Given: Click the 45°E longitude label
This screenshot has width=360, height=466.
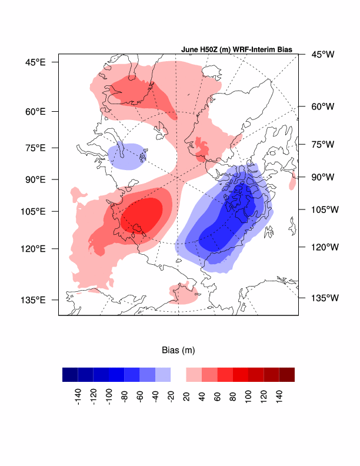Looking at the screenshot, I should [x=35, y=62].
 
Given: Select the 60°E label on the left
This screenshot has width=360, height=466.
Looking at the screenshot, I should [x=35, y=111].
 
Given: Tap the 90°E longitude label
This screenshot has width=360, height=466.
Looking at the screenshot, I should [x=35, y=179].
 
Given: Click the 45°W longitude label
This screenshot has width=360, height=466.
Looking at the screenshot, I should [x=322, y=55].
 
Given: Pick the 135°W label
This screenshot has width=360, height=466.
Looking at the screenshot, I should [x=322, y=298].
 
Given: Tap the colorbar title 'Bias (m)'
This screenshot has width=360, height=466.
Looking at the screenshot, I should [x=178, y=350].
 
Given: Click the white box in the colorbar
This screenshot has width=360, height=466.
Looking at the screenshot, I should [x=178, y=375].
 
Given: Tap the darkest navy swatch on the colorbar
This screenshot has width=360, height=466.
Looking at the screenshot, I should [x=70, y=375].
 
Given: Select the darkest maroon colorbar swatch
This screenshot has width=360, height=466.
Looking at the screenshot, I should [x=286, y=375].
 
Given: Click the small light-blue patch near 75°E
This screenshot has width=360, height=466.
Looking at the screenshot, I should [x=125, y=157].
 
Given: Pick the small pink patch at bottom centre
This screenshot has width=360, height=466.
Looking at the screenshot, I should [x=183, y=293].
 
